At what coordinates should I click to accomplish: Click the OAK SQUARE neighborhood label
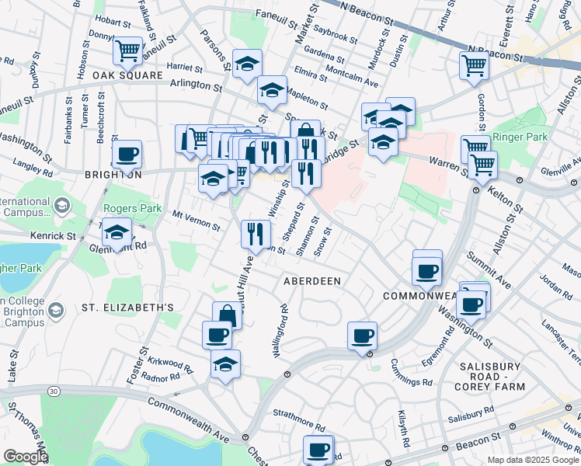coord(127,75)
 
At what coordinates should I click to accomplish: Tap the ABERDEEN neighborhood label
coord(313,280)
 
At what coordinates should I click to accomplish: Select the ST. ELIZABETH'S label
coord(127,308)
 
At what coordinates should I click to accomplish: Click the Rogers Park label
coord(131,208)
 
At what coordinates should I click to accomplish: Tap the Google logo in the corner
coord(25,457)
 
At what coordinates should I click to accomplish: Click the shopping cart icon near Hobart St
coord(127,51)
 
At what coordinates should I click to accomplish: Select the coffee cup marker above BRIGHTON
coord(127,154)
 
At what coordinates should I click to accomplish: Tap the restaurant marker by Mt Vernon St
coord(256,231)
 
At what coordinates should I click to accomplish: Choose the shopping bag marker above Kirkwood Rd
coord(226,315)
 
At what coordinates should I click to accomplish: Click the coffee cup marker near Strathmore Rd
coord(318,450)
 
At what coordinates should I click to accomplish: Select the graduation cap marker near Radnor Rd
coord(225,364)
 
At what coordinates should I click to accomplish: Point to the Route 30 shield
coord(51,390)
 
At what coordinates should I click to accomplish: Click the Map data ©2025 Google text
coord(532,460)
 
